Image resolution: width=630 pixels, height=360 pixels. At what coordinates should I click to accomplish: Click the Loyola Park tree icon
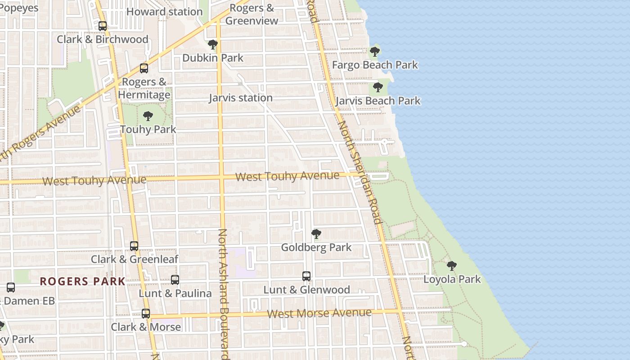452,266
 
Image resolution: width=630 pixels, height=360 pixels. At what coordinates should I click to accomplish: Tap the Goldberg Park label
316,247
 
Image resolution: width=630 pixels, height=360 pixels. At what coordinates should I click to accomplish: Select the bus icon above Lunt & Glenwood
306,276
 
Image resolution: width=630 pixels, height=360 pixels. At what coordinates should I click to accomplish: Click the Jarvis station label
241,98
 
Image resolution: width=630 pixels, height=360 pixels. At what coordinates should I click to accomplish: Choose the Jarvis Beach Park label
378,100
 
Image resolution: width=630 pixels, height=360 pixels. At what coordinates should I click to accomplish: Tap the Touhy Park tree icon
148,116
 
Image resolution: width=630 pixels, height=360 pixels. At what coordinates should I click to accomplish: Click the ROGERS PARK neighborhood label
83,282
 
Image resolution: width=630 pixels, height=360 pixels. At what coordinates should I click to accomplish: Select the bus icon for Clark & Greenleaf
134,246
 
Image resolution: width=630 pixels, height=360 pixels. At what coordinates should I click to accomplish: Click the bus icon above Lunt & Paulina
175,280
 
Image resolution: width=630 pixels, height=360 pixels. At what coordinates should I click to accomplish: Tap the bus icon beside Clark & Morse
146,314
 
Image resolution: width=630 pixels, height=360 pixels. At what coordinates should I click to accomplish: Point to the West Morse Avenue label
319,313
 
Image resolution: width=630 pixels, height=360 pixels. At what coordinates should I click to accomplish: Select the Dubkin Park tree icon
213,45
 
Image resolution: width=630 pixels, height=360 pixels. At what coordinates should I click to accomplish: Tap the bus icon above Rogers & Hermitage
144,68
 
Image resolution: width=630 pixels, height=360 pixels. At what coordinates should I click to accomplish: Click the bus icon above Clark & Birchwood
103,26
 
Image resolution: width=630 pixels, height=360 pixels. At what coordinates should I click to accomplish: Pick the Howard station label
164,12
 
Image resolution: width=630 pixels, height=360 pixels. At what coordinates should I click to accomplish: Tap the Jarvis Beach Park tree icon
378,87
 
